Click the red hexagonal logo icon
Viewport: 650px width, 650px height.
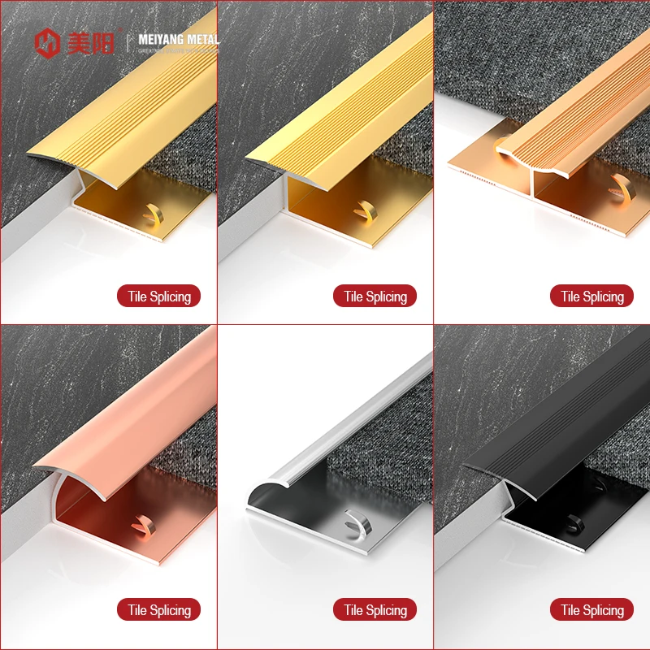point(47,42)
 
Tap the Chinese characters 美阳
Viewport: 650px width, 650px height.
point(91,42)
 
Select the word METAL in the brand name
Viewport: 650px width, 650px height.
point(202,38)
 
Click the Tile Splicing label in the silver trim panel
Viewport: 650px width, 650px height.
point(375,610)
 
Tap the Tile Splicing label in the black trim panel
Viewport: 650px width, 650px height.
point(591,610)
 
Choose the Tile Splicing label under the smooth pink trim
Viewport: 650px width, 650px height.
point(158,610)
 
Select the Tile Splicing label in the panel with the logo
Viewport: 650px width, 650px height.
point(158,297)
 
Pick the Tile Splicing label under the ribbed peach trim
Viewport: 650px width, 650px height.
point(591,297)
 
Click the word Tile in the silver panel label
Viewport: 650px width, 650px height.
point(353,610)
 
